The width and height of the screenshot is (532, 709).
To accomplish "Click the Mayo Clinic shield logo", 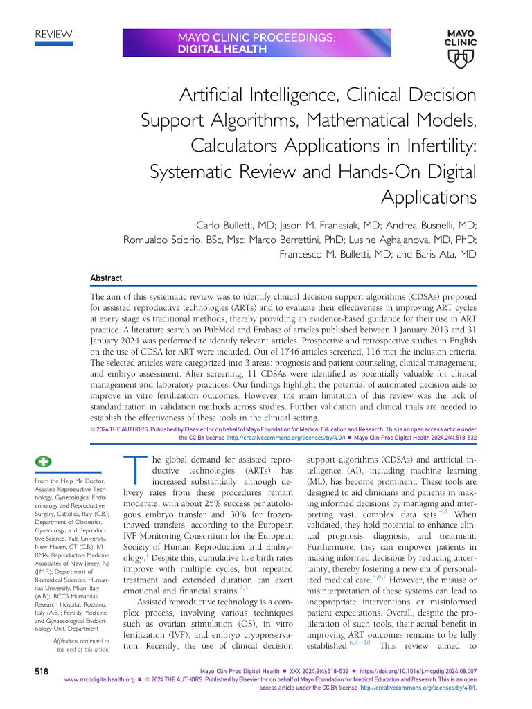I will point(459,62).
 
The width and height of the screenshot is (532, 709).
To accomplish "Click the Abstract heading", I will point(106,278).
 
